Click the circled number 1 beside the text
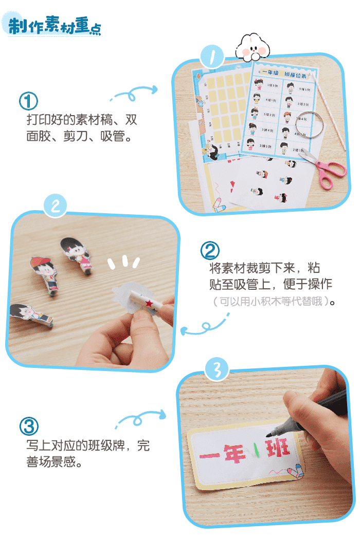(28, 101)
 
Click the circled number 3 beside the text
(29, 426)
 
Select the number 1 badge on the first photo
(212, 57)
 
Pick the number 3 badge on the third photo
(217, 370)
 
